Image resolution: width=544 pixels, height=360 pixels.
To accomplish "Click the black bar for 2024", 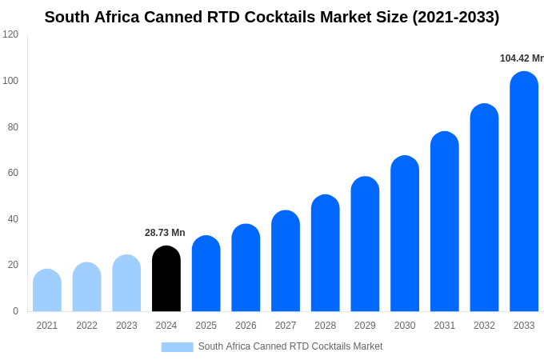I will [166, 279].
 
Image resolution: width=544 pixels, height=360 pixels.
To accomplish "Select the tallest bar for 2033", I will [524, 192].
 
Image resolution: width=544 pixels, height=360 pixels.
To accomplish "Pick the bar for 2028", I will [326, 254].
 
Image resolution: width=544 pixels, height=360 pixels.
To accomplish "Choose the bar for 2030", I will [405, 234].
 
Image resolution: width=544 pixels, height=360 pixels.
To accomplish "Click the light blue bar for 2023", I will [126, 283].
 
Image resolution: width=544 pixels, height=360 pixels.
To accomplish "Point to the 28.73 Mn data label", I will [165, 233].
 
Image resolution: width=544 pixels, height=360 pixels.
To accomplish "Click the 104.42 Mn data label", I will [522, 58].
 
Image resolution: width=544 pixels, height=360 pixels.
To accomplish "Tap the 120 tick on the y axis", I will [10, 34].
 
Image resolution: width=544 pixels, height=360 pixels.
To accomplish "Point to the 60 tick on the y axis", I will [13, 173].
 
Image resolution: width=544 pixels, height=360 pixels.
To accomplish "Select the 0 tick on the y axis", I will [15, 311].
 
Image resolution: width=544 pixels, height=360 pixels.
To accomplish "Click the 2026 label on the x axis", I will [246, 326].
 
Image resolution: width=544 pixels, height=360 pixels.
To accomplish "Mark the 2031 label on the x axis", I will [445, 326].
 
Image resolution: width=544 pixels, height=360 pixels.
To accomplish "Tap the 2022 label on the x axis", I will [87, 326].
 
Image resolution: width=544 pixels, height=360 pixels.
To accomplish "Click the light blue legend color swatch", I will [177, 347].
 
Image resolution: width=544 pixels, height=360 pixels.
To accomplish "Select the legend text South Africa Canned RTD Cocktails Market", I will [290, 346].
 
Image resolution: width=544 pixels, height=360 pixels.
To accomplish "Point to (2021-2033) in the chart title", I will [455, 17].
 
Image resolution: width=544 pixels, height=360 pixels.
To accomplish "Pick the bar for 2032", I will [484, 208].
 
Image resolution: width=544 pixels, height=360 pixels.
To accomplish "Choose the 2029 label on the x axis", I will [365, 326].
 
